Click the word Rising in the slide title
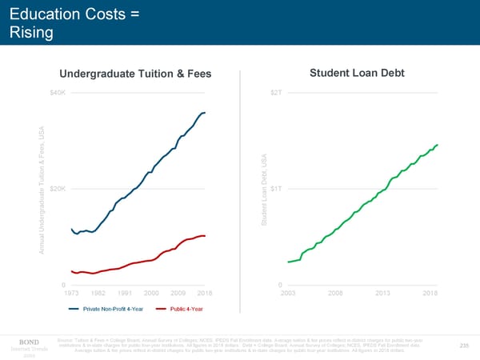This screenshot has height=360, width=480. click(31, 33)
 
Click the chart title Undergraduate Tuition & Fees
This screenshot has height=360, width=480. click(135, 74)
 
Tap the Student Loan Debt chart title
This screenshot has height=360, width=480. click(357, 74)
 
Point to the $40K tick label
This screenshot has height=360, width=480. click(58, 92)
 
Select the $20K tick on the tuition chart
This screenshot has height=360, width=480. click(58, 189)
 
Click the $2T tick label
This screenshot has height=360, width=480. click(275, 92)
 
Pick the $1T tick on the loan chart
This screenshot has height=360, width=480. click(275, 189)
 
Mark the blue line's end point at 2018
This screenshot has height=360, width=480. click(205, 113)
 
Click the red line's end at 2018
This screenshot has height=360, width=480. click(205, 236)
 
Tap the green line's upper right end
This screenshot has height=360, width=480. click(438, 145)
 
